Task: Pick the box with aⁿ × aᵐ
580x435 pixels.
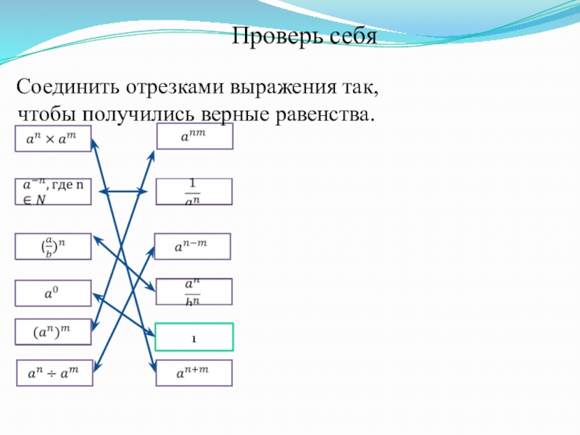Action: (x=53, y=139)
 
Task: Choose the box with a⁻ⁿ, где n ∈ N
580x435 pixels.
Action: (x=53, y=192)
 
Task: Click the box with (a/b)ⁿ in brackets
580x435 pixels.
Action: (x=53, y=246)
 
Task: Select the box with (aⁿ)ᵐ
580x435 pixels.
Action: (x=53, y=332)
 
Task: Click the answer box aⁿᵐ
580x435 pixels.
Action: (x=195, y=136)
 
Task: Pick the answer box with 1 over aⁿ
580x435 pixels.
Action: (x=194, y=192)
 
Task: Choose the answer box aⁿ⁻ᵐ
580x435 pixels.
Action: (x=192, y=246)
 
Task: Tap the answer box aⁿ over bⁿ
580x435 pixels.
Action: (x=194, y=291)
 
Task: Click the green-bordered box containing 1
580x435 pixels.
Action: (x=194, y=337)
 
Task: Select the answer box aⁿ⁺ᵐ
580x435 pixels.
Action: (x=194, y=373)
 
